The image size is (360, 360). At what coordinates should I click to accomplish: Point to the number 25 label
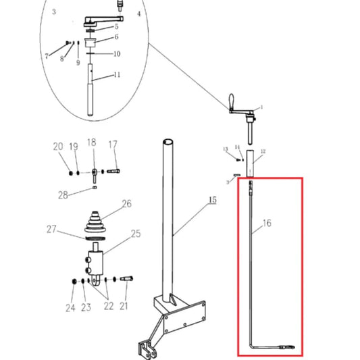coord(136,234)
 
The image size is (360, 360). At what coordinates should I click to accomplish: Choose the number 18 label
coord(91,143)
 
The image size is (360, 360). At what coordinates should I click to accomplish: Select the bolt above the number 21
coord(128,278)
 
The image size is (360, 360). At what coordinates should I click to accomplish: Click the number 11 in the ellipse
coord(116,74)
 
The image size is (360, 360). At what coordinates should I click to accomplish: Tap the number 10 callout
coord(116,53)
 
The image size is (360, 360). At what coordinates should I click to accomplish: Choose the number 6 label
coord(115,37)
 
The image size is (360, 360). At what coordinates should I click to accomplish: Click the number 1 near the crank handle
coord(261,107)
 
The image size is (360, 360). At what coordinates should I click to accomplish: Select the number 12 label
coord(263,151)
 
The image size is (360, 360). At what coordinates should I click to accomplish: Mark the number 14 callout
coord(237,147)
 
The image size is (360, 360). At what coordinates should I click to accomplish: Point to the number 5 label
coord(115,26)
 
